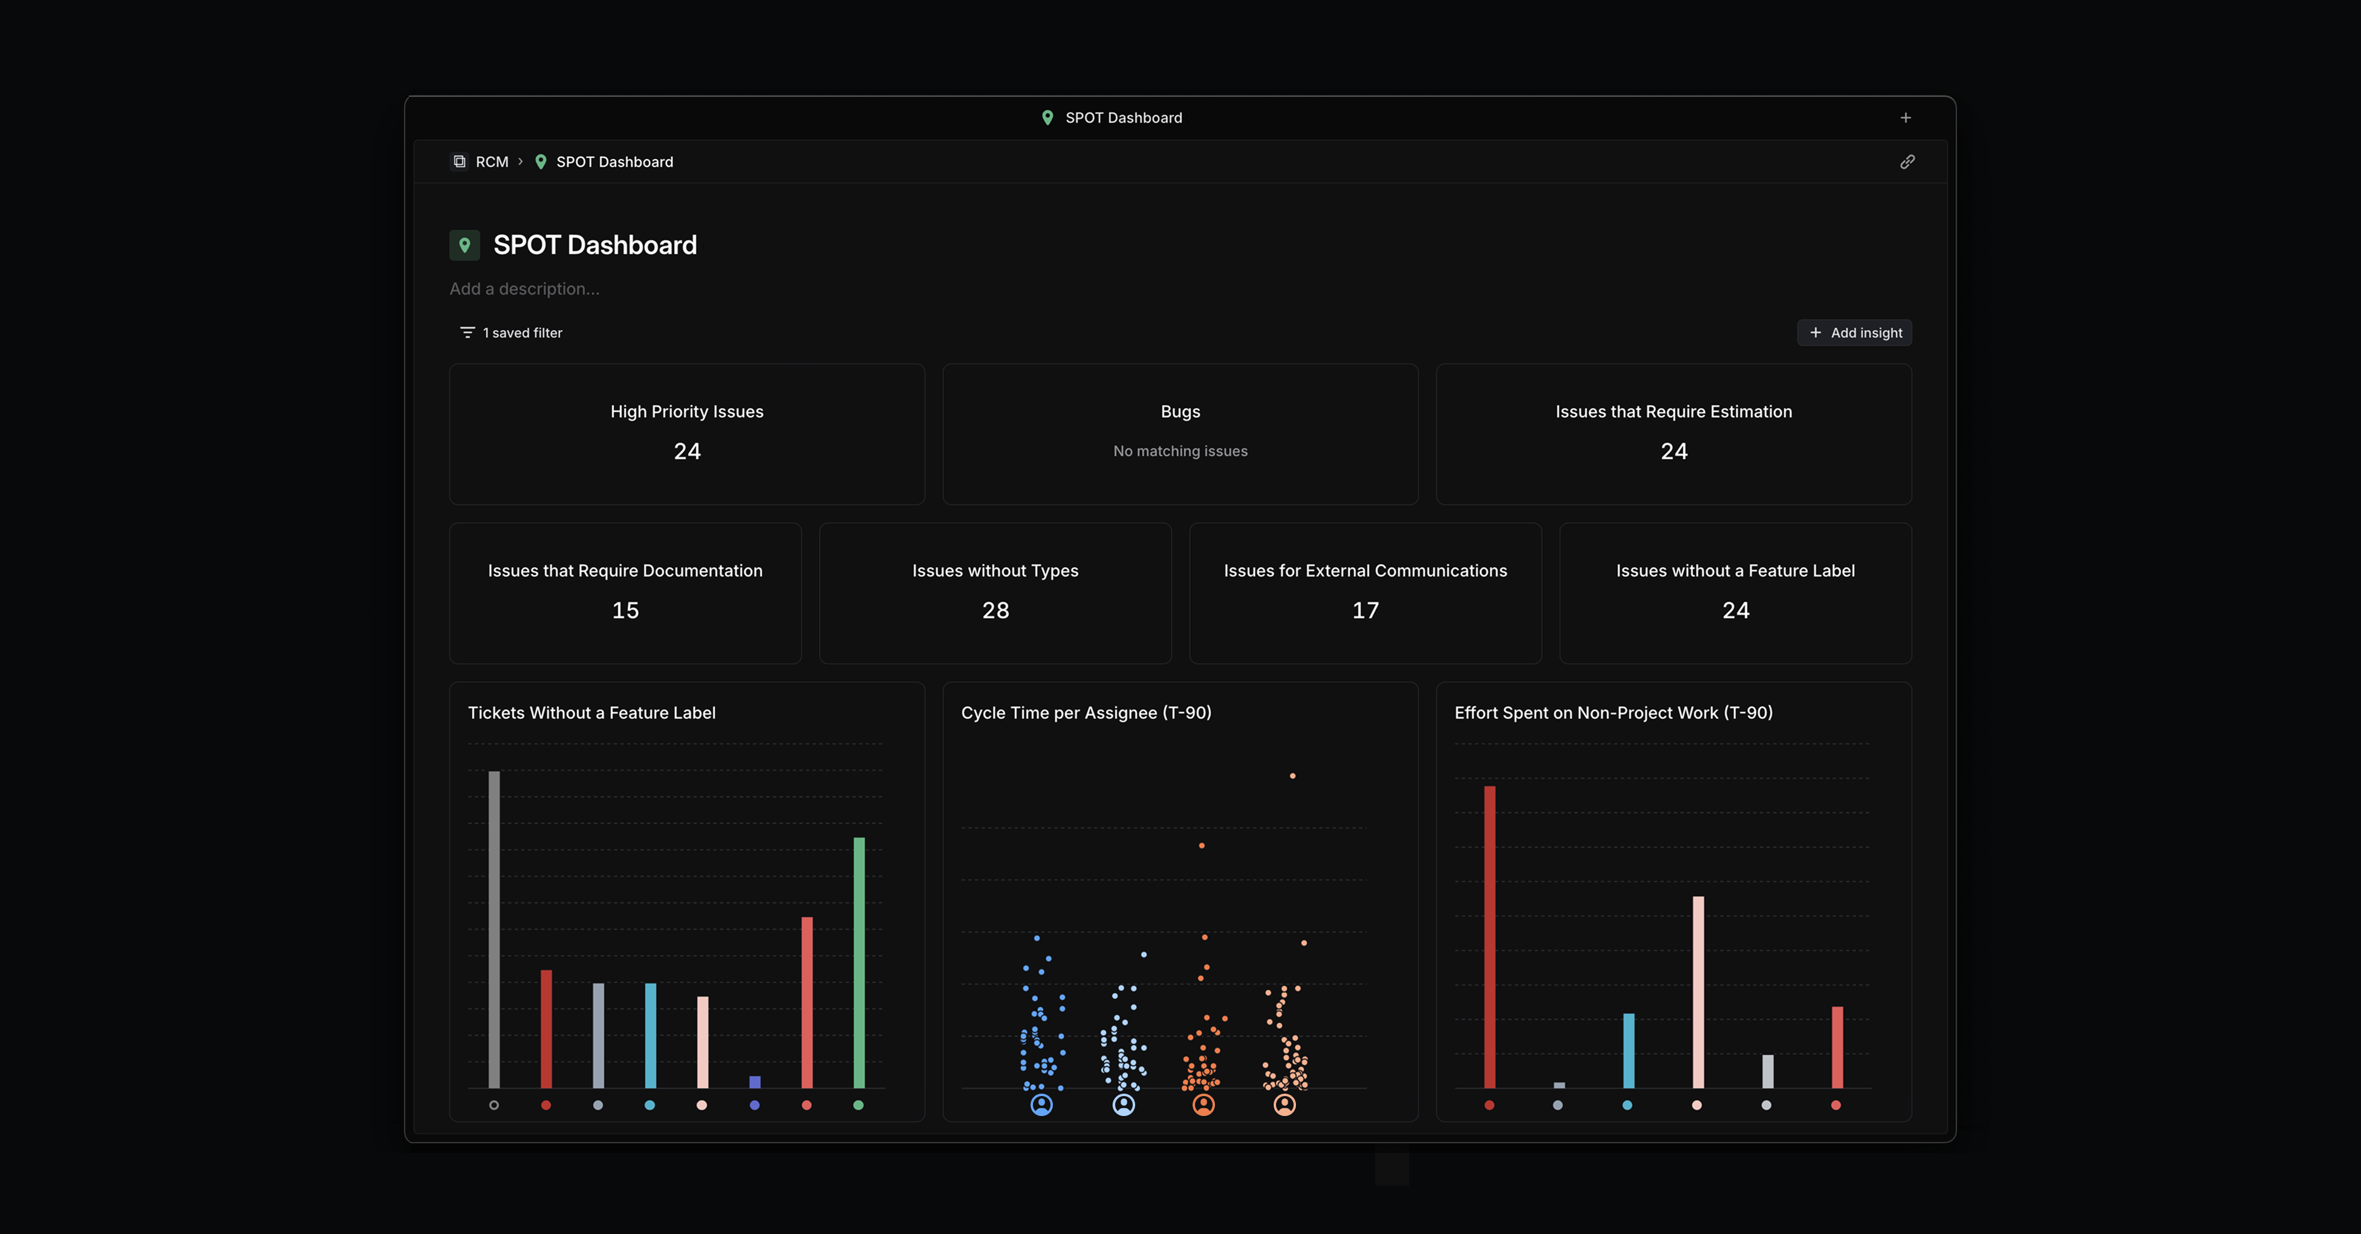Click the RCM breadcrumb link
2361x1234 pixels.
491,162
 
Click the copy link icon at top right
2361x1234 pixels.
1906,162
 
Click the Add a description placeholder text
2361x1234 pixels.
524,289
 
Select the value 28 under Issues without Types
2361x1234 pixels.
995,610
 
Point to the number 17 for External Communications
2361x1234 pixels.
1365,610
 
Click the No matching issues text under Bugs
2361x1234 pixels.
1179,451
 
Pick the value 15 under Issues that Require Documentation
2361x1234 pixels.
625,610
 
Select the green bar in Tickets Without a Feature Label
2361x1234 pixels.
859,962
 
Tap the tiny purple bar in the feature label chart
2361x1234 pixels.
754,1082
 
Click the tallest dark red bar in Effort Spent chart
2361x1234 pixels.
1490,935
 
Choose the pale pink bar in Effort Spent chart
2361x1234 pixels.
1698,990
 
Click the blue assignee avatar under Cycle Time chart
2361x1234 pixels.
1041,1105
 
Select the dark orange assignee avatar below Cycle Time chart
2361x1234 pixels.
1203,1105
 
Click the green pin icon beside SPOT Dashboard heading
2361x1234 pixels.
464,246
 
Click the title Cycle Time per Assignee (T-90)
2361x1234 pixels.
1086,713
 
